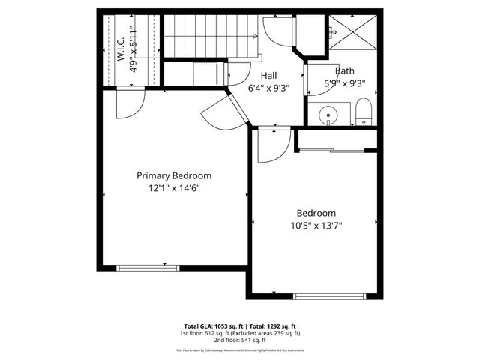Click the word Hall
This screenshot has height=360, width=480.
click(269, 76)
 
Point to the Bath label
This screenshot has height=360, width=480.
click(344, 71)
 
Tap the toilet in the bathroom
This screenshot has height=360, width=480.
click(364, 111)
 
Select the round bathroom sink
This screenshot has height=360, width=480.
click(328, 115)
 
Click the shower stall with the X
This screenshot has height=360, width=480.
click(352, 31)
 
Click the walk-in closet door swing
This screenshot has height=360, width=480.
click(129, 103)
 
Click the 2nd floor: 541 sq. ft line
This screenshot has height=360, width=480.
click(239, 340)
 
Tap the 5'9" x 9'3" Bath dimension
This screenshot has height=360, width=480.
click(344, 84)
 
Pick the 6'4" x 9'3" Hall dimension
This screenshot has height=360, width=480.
click(269, 88)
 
